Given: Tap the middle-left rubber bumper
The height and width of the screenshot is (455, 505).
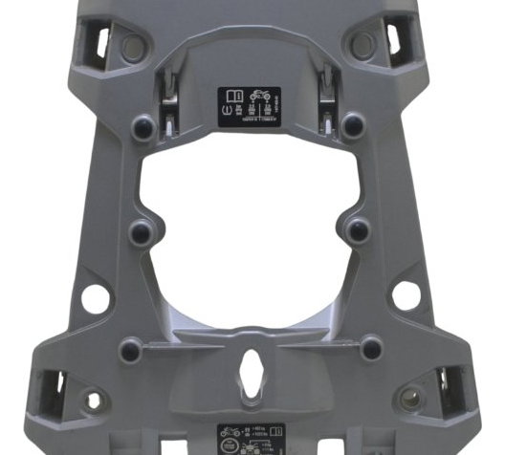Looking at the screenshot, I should (141, 230).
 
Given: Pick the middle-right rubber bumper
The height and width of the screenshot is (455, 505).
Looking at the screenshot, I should (358, 228).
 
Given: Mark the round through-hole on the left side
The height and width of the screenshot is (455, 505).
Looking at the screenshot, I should (95, 296).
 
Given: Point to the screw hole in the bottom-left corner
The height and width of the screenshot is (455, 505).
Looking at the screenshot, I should (92, 401).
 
